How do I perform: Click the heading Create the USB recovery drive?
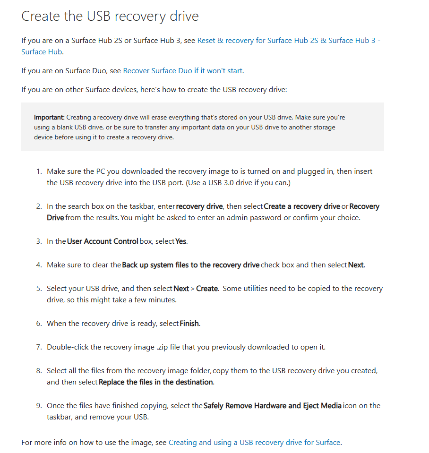tap(110, 16)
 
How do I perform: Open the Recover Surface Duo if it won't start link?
tap(182, 71)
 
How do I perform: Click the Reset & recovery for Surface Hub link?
tap(288, 41)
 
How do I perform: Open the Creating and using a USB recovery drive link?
tap(254, 443)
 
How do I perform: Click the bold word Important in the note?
tap(49, 117)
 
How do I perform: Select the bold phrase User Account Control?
tap(103, 241)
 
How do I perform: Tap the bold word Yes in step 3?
tap(181, 241)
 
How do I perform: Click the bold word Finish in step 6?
tap(189, 324)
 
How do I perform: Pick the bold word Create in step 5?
tap(207, 289)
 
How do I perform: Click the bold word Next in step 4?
tap(356, 265)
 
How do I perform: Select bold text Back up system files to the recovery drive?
tap(191, 265)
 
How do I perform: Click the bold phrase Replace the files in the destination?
tap(156, 382)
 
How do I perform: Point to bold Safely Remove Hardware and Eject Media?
tap(272, 406)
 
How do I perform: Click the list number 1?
tap(39, 171)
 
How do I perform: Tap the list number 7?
tap(39, 347)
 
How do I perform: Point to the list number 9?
tap(39, 406)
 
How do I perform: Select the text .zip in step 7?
tap(162, 347)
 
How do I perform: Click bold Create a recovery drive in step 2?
tap(302, 206)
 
